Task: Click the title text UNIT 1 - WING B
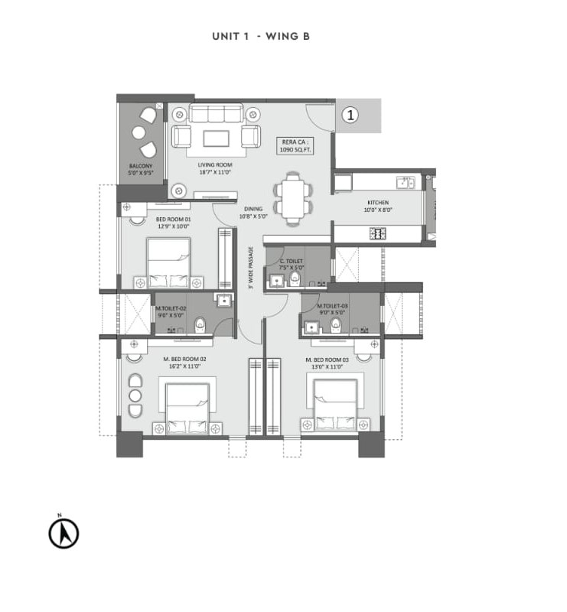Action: (260, 36)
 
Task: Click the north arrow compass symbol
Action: (64, 533)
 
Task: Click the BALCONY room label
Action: (141, 169)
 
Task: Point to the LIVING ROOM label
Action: (214, 168)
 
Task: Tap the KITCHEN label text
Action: (378, 206)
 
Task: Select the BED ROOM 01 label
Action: (174, 222)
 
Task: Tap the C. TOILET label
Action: (292, 264)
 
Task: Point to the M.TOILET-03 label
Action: (333, 309)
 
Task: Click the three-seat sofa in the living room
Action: (215, 114)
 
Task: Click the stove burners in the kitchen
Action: (377, 233)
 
